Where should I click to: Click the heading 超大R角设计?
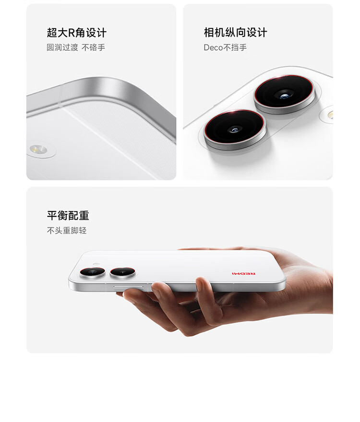point(77,33)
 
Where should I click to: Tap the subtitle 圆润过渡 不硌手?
point(76,47)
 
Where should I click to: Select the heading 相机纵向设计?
point(235,33)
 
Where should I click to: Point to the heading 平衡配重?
point(68,216)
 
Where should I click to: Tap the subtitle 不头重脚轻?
point(67,231)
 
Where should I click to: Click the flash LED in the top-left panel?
point(38,149)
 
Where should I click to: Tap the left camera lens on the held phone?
point(93,272)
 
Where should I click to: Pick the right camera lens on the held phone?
point(122,272)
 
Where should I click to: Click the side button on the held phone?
point(128,287)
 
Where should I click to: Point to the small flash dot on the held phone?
point(96,265)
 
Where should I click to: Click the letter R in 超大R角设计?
point(71,33)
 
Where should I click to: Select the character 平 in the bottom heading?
point(52,216)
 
